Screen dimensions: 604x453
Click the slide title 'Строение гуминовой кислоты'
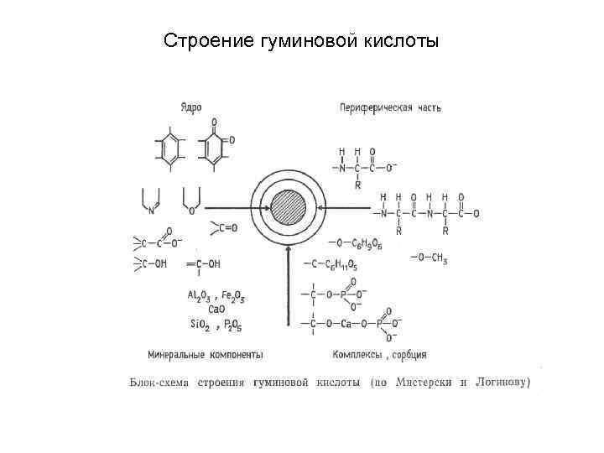pyautogui.click(x=300, y=40)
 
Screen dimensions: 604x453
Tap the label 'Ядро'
pyautogui.click(x=190, y=108)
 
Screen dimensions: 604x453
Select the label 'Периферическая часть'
pyautogui.click(x=390, y=108)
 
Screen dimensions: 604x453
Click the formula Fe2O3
pyautogui.click(x=233, y=295)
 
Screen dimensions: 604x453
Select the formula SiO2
pyautogui.click(x=200, y=323)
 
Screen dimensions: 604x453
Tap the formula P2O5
pyautogui.click(x=233, y=323)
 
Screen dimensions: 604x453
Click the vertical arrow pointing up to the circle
pyautogui.click(x=288, y=285)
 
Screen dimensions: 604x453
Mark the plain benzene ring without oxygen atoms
pyautogui.click(x=171, y=148)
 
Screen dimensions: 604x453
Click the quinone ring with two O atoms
pyautogui.click(x=214, y=147)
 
